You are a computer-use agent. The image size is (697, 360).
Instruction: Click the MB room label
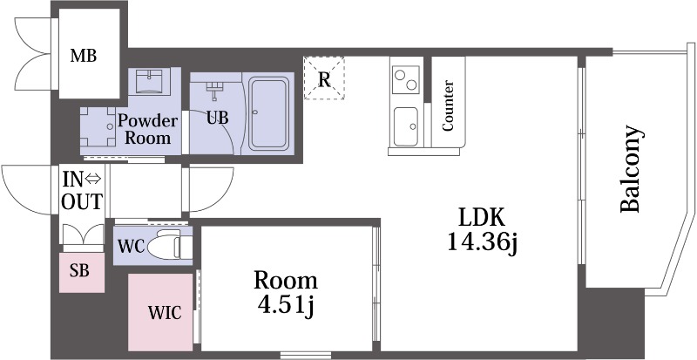point(84,57)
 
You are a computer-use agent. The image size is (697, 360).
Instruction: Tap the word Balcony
point(631,169)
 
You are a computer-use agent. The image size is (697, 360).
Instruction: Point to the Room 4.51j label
point(286,294)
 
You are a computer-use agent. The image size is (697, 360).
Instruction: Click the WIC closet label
point(165,313)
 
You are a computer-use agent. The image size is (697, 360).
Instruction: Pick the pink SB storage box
point(82,273)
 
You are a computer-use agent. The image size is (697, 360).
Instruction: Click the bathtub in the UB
point(268,114)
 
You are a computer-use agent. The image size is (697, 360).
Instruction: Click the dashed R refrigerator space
point(324,78)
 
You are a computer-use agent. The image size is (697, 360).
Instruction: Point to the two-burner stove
point(406,79)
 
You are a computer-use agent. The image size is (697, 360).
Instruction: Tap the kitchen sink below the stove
point(406,126)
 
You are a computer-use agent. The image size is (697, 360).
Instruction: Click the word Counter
point(448,106)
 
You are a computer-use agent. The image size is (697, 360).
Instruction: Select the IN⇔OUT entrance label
point(82,191)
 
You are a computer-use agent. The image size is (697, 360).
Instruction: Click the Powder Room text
point(147,129)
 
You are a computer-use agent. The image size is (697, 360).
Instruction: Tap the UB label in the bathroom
point(217,118)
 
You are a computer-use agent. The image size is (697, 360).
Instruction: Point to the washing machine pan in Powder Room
point(98,126)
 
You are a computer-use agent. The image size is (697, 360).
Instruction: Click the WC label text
point(132,247)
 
